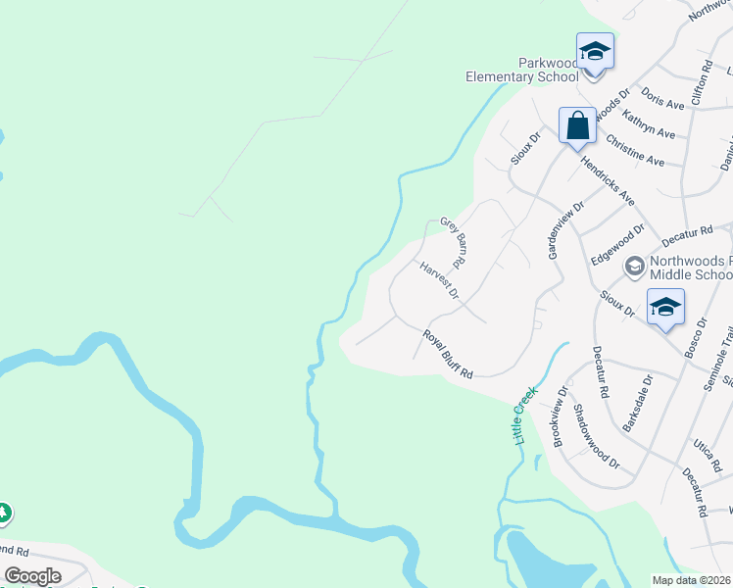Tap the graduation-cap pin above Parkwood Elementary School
pyautogui.click(x=595, y=50)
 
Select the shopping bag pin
pyautogui.click(x=577, y=125)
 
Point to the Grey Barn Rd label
pyautogui.click(x=452, y=244)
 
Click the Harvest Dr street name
pyautogui.click(x=439, y=279)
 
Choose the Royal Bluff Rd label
pyautogui.click(x=448, y=354)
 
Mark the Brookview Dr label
pyautogui.click(x=560, y=416)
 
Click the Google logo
pyautogui.click(x=33, y=576)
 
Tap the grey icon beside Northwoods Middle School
pyautogui.click(x=634, y=266)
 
